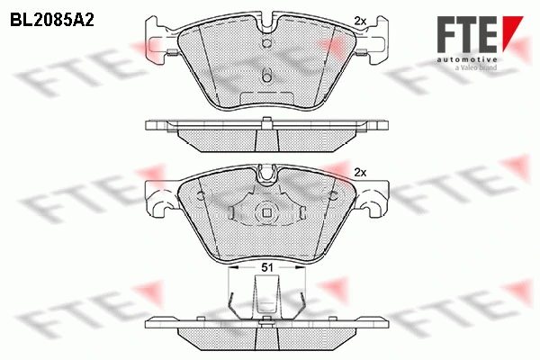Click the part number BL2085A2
click(52, 20)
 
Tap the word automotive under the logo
click(467, 59)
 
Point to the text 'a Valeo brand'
click(476, 67)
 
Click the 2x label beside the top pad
click(360, 22)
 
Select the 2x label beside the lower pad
click(360, 173)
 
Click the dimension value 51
click(267, 267)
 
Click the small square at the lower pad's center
click(267, 213)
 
